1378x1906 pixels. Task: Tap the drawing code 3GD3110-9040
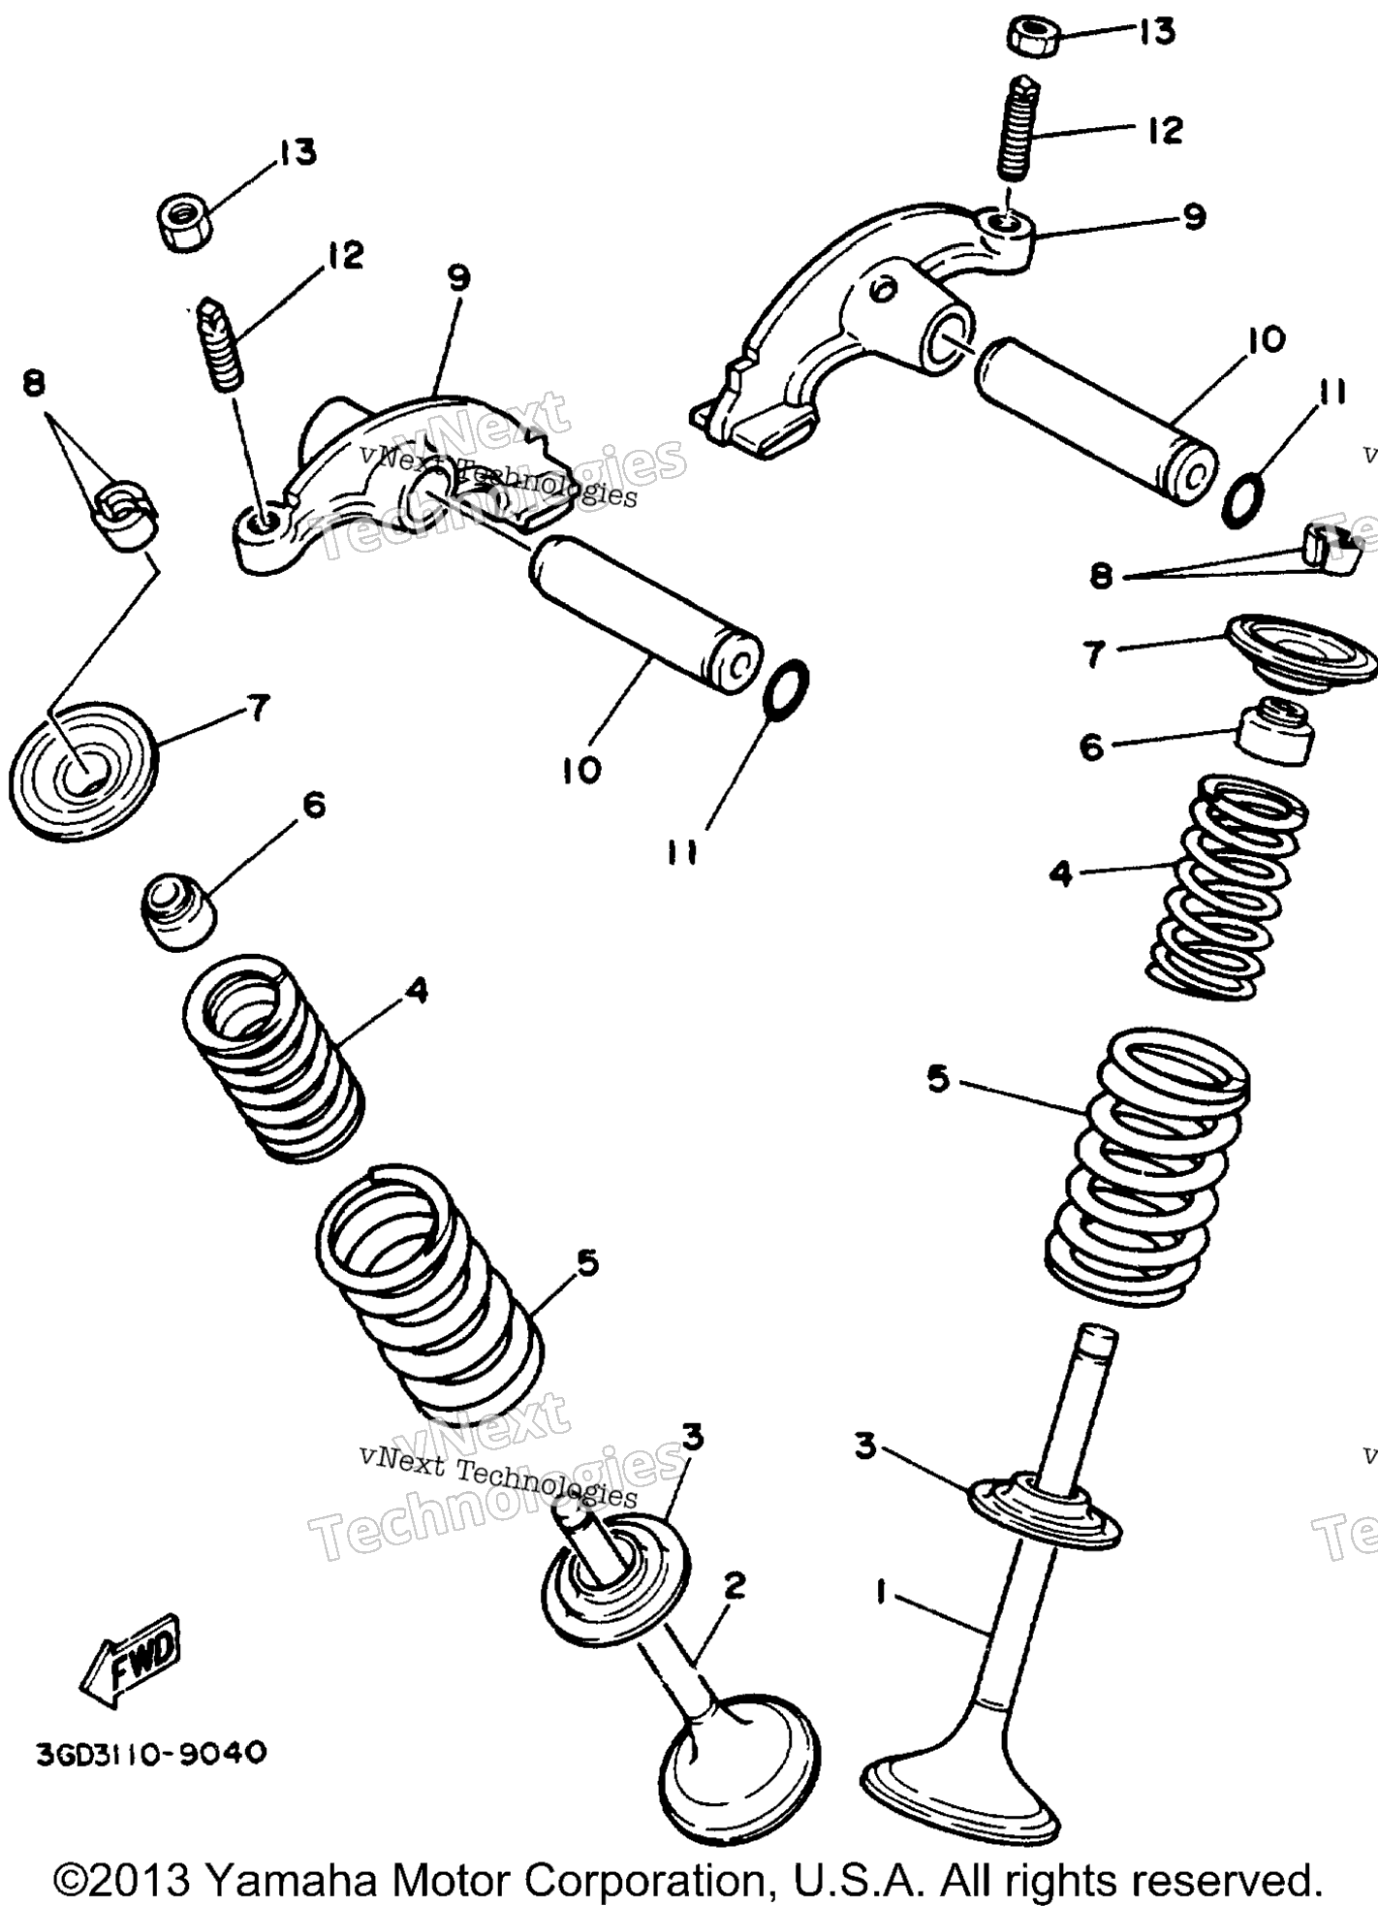pyautogui.click(x=150, y=1753)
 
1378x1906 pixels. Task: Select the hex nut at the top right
pyautogui.click(x=1031, y=36)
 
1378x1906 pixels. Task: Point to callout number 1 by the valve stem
pyautogui.click(x=880, y=1592)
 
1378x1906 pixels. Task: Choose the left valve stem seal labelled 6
pyautogui.click(x=178, y=909)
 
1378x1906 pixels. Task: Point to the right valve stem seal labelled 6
pyautogui.click(x=1276, y=729)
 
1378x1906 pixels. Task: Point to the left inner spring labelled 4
pyautogui.click(x=273, y=1058)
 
